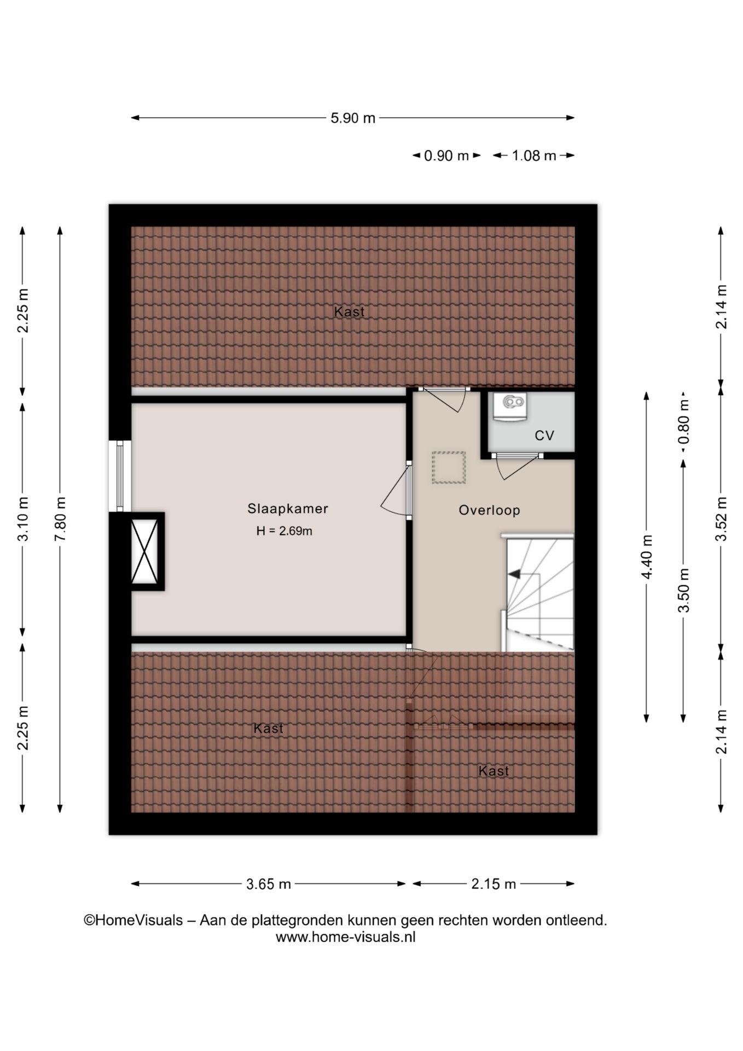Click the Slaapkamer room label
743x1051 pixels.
click(x=288, y=509)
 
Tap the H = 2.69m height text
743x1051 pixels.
click(x=284, y=531)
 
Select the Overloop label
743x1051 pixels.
click(x=489, y=510)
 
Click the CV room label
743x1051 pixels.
click(x=544, y=435)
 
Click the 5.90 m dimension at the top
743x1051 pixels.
click(x=353, y=118)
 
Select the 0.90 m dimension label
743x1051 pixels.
click(x=446, y=156)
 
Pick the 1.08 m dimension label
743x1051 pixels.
click(x=533, y=156)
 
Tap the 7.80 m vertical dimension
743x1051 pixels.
click(x=60, y=519)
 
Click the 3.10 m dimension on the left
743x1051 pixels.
click(x=23, y=519)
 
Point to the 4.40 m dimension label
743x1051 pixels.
click(x=647, y=557)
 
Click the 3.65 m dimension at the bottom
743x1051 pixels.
click(x=268, y=884)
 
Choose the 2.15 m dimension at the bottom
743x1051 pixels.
click(x=494, y=884)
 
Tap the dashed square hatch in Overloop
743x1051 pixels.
click(x=449, y=467)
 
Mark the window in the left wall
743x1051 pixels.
click(x=120, y=476)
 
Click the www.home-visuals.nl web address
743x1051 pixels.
click(x=345, y=937)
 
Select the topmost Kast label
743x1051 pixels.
click(x=349, y=312)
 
